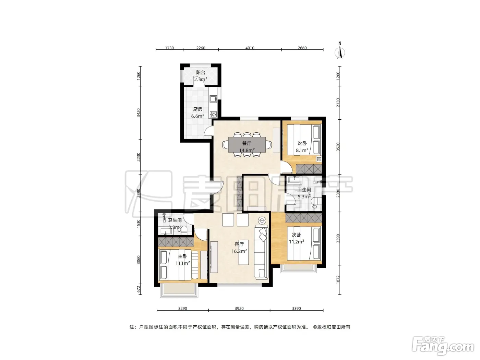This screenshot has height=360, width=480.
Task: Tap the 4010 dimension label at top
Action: (250, 48)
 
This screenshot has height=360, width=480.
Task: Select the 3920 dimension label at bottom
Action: (239, 309)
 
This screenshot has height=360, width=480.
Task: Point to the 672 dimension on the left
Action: (139, 289)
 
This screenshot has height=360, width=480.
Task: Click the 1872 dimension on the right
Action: (338, 280)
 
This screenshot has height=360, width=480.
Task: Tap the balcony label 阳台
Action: (201, 72)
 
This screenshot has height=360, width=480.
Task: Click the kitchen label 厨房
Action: (198, 109)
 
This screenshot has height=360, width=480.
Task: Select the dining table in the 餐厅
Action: (247, 144)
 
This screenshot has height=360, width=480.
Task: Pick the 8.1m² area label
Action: (302, 151)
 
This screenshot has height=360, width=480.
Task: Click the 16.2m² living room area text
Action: (239, 251)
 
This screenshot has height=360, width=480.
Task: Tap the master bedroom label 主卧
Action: (182, 256)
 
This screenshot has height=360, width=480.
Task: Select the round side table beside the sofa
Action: (262, 220)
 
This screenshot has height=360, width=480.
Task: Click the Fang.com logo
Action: (443, 346)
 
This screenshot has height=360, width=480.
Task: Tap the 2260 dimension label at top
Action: (201, 48)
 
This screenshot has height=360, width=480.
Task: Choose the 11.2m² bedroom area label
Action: (297, 242)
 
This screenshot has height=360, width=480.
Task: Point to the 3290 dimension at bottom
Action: (183, 309)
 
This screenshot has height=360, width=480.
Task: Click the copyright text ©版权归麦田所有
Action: (332, 327)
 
